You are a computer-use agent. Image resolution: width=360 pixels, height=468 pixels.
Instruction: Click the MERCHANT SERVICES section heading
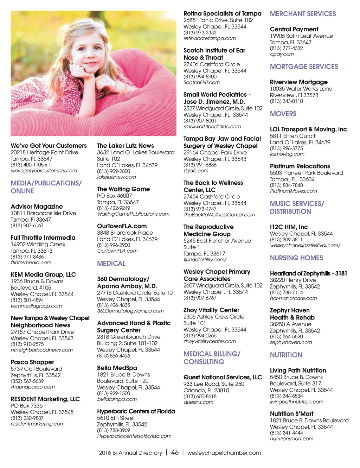point(303,14)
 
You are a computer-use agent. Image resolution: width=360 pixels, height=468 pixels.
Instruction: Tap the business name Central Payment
point(294,29)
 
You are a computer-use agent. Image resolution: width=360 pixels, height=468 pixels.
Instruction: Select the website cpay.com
point(282,54)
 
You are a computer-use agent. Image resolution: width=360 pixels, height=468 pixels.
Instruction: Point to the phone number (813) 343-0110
point(286,101)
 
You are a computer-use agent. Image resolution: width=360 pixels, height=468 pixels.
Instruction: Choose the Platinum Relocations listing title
point(300,166)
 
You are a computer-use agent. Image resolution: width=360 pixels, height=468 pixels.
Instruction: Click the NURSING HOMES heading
point(296,258)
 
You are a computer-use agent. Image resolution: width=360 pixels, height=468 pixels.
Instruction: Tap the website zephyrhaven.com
point(291,342)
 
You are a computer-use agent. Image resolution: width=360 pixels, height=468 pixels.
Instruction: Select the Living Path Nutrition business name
point(298,371)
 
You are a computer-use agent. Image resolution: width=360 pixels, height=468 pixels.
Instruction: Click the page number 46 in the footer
point(175,453)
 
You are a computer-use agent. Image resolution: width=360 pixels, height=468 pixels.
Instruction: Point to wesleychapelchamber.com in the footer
point(224,453)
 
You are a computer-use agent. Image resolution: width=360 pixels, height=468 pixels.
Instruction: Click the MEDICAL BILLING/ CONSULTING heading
point(212,358)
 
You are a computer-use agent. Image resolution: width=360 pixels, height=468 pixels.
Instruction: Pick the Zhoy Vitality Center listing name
point(211,310)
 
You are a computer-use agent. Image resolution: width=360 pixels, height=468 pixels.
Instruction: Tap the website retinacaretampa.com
point(210,38)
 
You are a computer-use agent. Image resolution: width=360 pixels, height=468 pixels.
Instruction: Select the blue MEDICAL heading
point(111,264)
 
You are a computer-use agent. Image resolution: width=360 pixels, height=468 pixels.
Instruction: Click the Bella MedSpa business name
point(117,368)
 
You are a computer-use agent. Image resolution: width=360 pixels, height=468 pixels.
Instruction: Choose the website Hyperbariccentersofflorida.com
point(134,436)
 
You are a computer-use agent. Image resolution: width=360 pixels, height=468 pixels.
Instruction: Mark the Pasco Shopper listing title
point(32,362)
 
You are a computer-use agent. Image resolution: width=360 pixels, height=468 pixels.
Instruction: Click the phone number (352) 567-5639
point(27,381)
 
